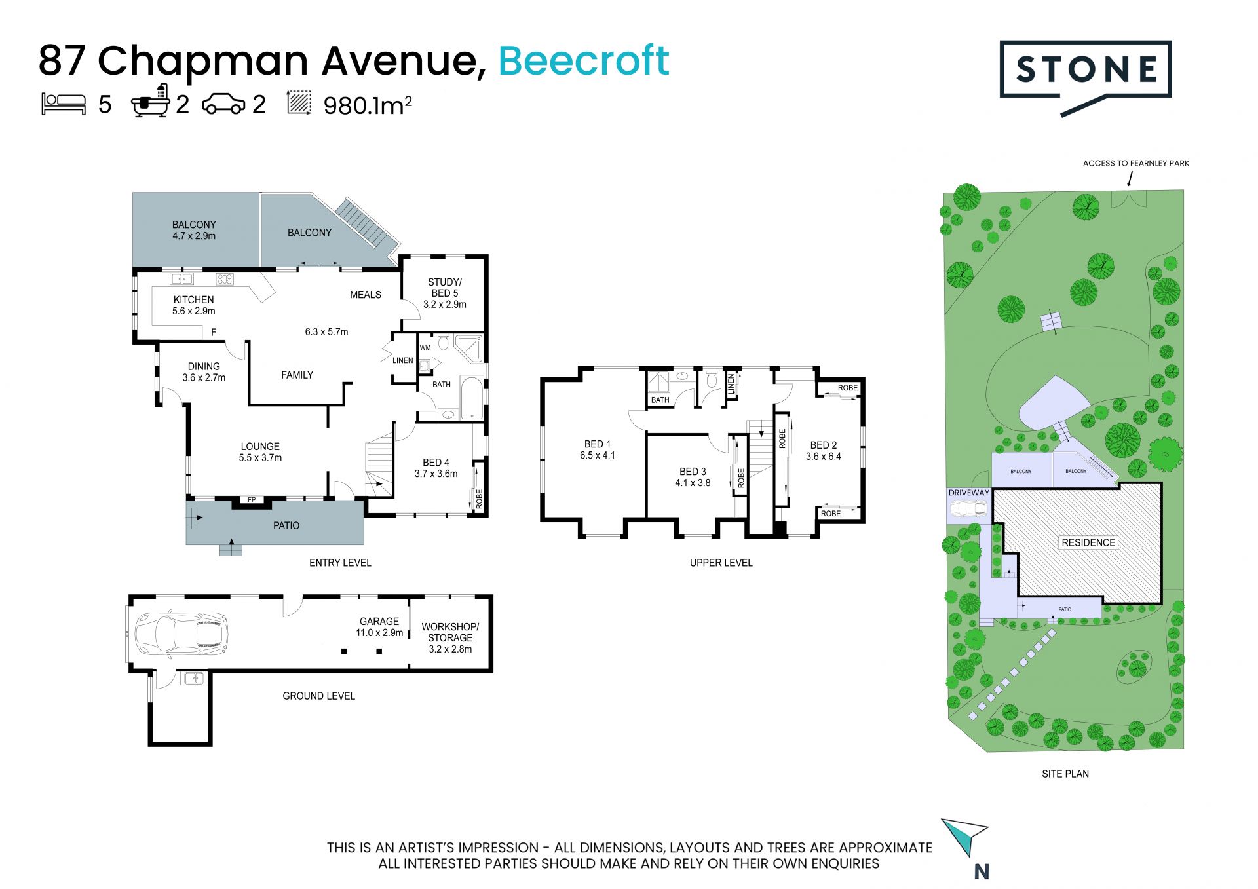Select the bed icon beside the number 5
pyautogui.click(x=64, y=104)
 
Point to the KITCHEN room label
pyautogui.click(x=193, y=299)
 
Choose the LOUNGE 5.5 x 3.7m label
pyautogui.click(x=260, y=452)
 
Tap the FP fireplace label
pyautogui.click(x=252, y=500)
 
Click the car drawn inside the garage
pyautogui.click(x=181, y=634)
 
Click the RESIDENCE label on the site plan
pyautogui.click(x=1088, y=542)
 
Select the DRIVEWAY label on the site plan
pyautogui.click(x=969, y=493)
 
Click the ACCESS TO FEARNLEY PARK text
pyautogui.click(x=1136, y=163)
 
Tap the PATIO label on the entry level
pyautogui.click(x=286, y=525)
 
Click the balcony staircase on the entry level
pyautogui.click(x=362, y=223)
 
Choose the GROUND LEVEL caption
pyautogui.click(x=318, y=696)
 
